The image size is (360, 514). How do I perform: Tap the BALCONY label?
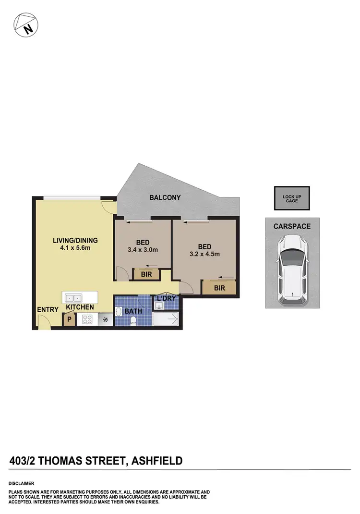tap(165, 197)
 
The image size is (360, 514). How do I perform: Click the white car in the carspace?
tap(291, 269)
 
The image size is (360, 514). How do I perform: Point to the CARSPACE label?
tap(292, 226)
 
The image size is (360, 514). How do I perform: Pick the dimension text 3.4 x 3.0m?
tap(143, 250)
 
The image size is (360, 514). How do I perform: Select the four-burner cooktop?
tap(87, 319)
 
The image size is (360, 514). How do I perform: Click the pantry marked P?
tap(69, 318)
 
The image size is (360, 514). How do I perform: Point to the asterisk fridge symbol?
tap(106, 319)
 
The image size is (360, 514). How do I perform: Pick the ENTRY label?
tap(48, 310)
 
